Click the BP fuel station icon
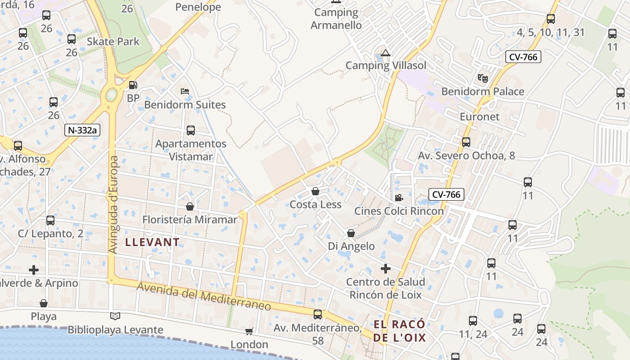pos(133,85)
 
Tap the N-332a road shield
pos(82,130)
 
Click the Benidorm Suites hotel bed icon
pos(184,91)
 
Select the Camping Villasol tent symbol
pos(385,53)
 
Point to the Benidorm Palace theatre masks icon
pos(483,78)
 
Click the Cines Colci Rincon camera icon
pos(399,198)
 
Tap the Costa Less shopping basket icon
pos(315,191)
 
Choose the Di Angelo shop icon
pos(351,233)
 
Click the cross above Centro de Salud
pos(385,269)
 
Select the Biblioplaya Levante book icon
pos(115,316)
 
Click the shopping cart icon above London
pos(249,332)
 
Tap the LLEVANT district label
pos(152,242)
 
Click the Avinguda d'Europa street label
pos(113,205)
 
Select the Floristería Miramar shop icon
pos(190,207)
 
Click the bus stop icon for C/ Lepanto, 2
pos(50,220)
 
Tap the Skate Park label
pos(113,41)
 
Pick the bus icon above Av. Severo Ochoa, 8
pos(466,142)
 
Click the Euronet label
pos(480,117)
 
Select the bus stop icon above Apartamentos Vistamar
pos(191,130)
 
